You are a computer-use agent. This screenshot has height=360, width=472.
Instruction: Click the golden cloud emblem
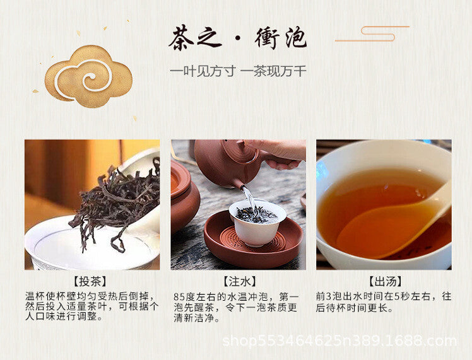pyautogui.click(x=88, y=76)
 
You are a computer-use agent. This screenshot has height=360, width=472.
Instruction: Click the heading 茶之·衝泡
pyautogui.click(x=237, y=38)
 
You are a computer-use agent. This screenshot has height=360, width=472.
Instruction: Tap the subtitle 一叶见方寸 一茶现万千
pyautogui.click(x=238, y=72)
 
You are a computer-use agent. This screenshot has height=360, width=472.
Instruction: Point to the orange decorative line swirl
pyautogui.click(x=372, y=33)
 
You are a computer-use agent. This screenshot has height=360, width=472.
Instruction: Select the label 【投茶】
pyautogui.click(x=90, y=282)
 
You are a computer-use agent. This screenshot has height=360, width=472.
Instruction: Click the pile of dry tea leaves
pyautogui.click(x=117, y=202)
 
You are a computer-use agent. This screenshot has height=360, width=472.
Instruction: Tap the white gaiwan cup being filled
pyautogui.click(x=257, y=222)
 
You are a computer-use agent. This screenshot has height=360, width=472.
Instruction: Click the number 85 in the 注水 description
pyautogui.click(x=179, y=297)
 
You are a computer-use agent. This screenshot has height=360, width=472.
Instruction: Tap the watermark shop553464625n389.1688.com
pyautogui.click(x=339, y=341)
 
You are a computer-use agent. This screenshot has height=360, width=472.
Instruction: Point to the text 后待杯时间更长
pyautogui.click(x=351, y=308)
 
